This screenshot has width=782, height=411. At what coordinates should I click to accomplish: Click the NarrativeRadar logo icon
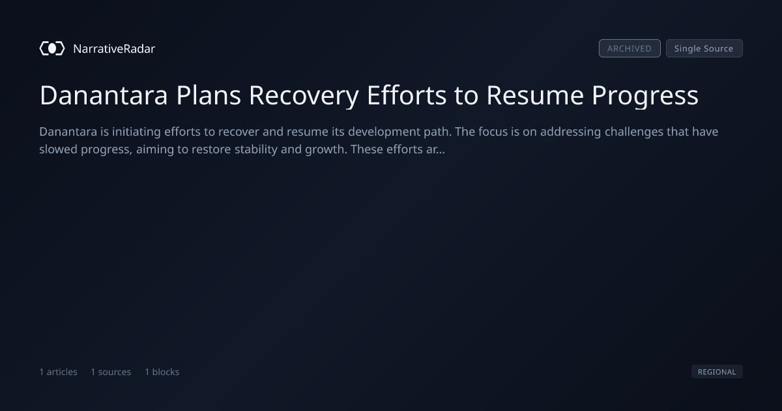coord(52,48)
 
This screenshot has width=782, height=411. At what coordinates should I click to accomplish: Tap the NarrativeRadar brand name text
coord(114,49)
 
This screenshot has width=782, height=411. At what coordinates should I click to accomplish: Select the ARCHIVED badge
coord(630,48)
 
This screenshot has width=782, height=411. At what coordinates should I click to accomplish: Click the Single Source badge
coord(704,48)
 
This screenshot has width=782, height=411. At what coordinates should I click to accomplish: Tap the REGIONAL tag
coord(717,371)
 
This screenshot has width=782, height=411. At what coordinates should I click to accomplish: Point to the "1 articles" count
coord(58,372)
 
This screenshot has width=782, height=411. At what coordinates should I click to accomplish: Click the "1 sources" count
coord(111,372)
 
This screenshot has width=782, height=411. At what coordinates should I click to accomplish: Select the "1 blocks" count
coord(162,372)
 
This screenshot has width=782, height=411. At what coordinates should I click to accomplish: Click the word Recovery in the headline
coord(304,95)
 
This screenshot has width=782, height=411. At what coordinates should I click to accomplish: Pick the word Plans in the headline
coord(209,95)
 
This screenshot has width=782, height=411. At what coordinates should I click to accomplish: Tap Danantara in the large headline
coord(104,95)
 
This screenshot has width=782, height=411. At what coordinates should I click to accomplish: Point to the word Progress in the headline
coord(644,95)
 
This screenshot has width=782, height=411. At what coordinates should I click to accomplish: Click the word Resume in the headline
coord(535,95)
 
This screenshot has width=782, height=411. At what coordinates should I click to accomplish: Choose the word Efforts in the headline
coord(407,95)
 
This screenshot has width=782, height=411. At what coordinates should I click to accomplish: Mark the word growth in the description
coord(326,149)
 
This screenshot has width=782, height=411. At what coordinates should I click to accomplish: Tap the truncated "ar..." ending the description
coord(435,149)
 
